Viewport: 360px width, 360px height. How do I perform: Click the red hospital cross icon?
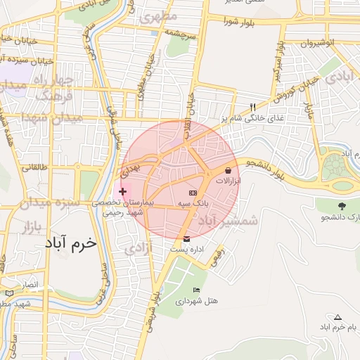[x=123, y=191]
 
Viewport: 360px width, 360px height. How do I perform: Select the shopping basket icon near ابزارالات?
[x=229, y=171]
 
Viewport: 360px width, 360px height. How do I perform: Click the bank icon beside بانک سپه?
[x=193, y=193]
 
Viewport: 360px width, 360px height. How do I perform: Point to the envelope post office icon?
[x=186, y=239]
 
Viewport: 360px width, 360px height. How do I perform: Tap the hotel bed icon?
[x=196, y=291]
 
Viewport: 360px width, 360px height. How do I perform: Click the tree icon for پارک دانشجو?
[x=342, y=206]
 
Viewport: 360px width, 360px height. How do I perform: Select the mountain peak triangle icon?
[x=338, y=317]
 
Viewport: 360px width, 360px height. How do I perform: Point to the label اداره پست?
[x=186, y=250]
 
